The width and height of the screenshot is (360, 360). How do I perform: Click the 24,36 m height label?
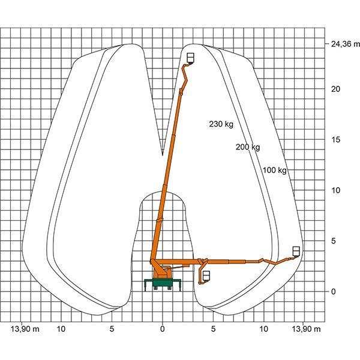click(346, 44)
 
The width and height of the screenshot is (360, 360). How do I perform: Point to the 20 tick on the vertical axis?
click(335, 89)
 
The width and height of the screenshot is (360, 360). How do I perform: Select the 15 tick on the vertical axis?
click(335, 140)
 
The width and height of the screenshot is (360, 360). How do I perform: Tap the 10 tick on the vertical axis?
click(335, 190)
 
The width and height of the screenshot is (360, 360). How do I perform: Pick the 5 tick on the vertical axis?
click(333, 241)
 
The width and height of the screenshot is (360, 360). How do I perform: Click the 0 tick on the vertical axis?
click(333, 292)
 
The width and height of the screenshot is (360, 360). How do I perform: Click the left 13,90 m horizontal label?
click(25, 329)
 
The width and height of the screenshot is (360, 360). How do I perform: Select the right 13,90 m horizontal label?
click(306, 329)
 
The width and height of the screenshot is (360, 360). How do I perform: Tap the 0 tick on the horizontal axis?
click(163, 329)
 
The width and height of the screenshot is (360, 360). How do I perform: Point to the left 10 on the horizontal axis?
click(61, 329)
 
